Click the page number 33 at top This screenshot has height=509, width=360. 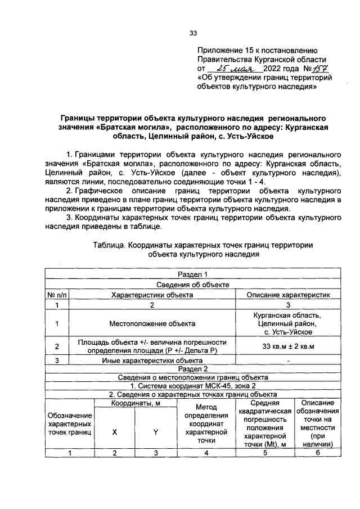point(193,33)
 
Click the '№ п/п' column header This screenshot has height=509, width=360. point(56,294)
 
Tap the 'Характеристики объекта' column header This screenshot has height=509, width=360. point(152,294)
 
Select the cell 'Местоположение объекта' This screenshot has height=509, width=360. point(152,323)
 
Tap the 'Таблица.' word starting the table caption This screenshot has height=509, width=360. point(109,245)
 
